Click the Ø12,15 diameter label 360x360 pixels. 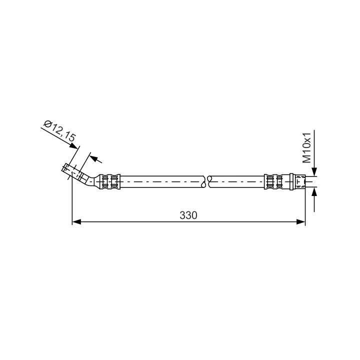tap(60, 131)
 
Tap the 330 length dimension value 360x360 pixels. tap(188, 215)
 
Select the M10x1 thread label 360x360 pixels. tap(306, 147)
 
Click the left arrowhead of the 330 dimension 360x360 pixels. tap(76, 222)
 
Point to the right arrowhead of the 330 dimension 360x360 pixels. tap(301, 222)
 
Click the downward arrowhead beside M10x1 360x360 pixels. tap(314, 172)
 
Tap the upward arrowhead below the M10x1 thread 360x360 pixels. tap(314, 191)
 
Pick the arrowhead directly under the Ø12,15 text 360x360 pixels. tap(74, 146)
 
